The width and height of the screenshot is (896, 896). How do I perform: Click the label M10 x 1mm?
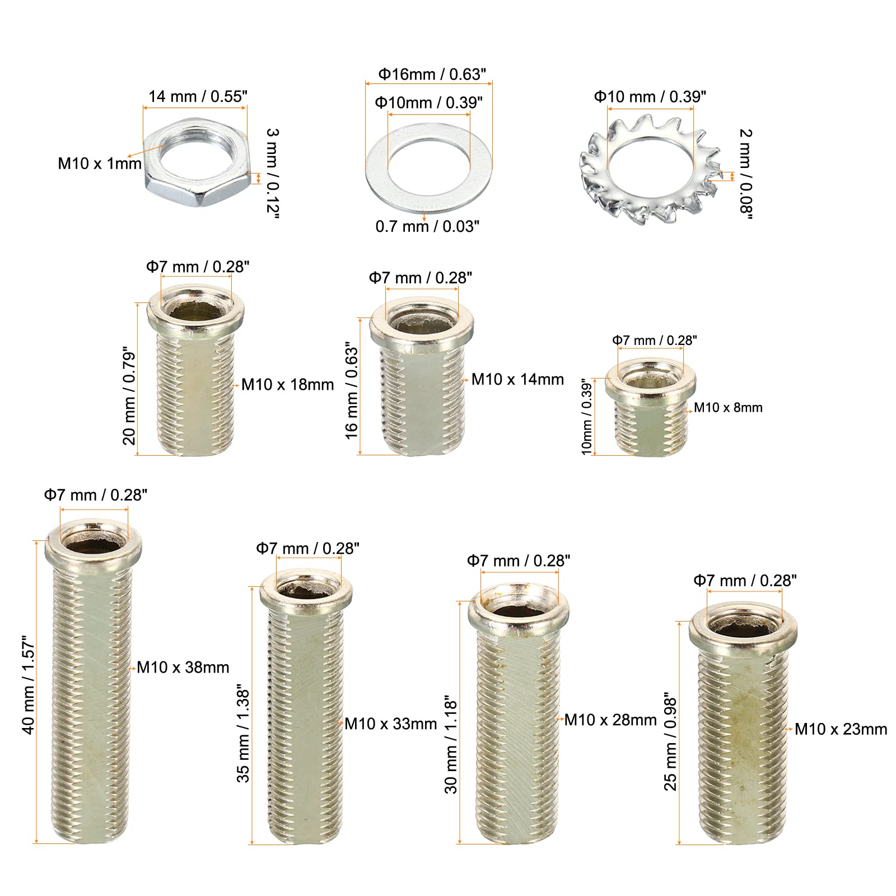[100, 164]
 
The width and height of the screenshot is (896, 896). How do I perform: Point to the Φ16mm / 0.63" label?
[432, 74]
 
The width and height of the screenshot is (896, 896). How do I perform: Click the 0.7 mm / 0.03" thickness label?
[427, 226]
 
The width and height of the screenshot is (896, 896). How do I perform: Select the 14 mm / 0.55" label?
[198, 96]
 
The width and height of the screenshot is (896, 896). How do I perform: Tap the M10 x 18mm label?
[287, 385]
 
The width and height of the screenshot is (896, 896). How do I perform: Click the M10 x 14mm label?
[517, 379]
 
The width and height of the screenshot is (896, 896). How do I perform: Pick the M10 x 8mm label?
[728, 408]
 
